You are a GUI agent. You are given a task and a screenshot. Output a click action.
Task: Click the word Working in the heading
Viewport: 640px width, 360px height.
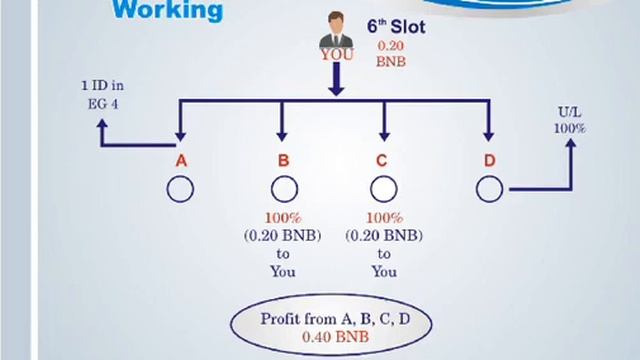168,11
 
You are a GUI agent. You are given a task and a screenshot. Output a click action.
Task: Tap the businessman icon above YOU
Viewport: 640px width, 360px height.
336,30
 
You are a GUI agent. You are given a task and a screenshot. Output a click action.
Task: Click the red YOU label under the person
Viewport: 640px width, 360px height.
337,55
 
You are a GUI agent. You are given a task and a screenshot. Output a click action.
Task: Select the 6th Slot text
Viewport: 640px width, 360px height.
395,28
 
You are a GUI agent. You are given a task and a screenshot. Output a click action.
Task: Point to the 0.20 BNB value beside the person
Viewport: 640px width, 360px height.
391,54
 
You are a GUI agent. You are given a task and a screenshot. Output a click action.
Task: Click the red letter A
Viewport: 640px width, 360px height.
181,160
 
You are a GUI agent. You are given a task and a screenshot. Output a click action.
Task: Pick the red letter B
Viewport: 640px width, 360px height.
283,160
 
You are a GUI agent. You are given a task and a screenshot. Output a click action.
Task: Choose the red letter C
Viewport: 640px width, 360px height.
383,160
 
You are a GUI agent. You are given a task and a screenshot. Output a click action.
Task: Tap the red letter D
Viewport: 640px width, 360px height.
488,160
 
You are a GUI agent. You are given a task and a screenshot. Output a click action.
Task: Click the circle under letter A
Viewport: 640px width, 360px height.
180,188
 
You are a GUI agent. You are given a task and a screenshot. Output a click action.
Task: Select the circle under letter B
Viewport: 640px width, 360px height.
283,188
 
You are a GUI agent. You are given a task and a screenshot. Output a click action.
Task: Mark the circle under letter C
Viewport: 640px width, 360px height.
383,188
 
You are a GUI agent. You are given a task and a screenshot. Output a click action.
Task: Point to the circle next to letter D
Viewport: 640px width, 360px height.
488,188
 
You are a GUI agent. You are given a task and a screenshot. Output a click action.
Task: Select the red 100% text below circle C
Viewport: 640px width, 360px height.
383,219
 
